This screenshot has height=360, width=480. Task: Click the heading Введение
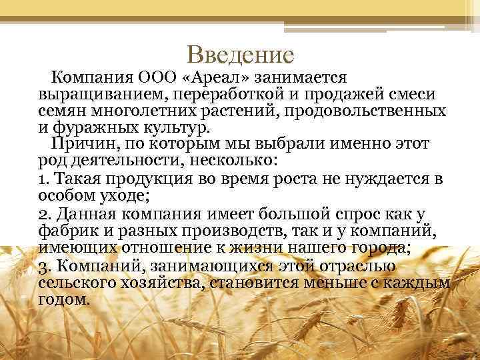(240, 53)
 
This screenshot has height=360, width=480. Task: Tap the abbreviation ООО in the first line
(157, 77)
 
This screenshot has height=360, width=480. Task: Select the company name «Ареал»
(210, 77)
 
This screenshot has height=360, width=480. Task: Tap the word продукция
(147, 179)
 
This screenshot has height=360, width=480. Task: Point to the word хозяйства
(165, 283)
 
